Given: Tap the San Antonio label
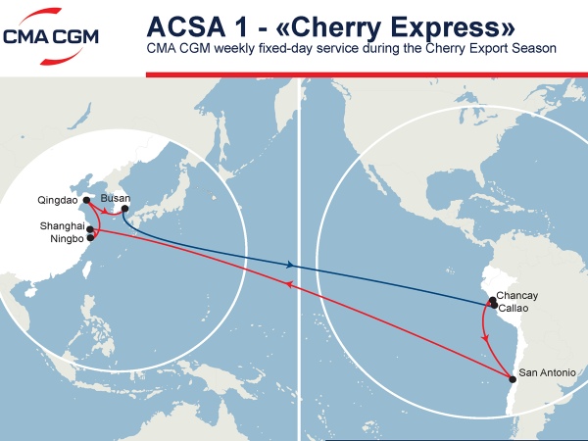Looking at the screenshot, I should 547,372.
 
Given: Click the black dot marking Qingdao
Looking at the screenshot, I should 87,201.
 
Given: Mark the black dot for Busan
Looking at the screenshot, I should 124,209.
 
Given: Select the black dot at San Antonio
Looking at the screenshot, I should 511,379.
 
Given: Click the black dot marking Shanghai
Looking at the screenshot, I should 90,230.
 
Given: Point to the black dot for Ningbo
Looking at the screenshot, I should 91,237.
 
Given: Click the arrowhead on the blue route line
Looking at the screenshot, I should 291,265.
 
